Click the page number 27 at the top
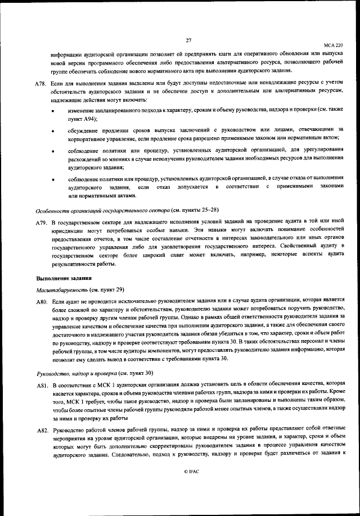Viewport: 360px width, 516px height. pyautogui.click(x=188, y=39)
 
